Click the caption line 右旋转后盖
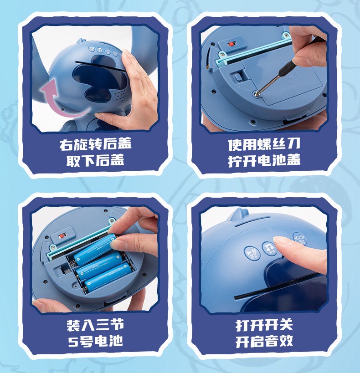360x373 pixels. click(x=95, y=145)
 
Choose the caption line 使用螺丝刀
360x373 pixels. click(x=264, y=145)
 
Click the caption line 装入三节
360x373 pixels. click(x=95, y=325)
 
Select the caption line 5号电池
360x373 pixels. click(x=95, y=341)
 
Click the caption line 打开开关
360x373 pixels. click(x=264, y=325)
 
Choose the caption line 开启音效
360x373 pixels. click(x=264, y=341)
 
